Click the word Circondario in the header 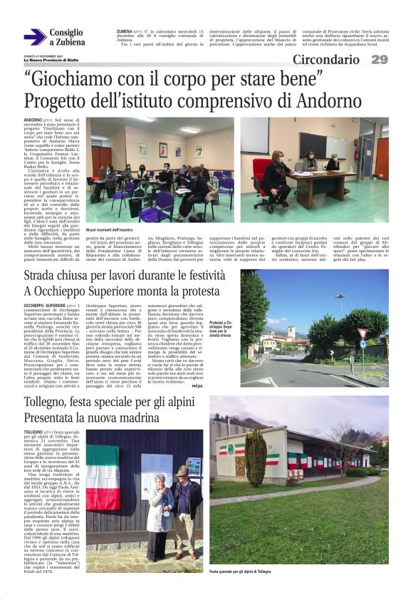click(329, 59)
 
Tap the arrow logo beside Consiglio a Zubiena click(35, 37)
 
